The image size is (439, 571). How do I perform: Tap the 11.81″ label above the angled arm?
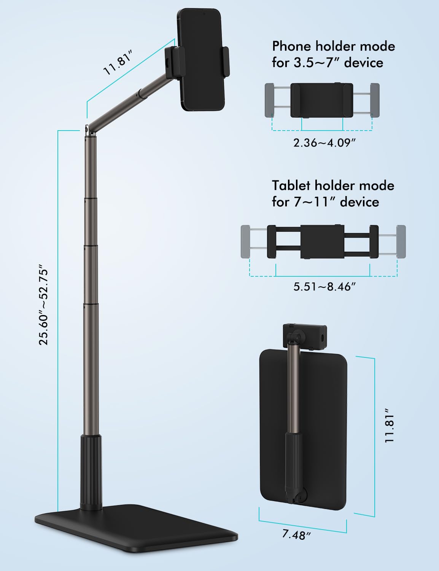click(118, 63)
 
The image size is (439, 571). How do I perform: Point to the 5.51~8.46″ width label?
click(324, 287)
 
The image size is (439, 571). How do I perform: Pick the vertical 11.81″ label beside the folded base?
click(390, 426)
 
